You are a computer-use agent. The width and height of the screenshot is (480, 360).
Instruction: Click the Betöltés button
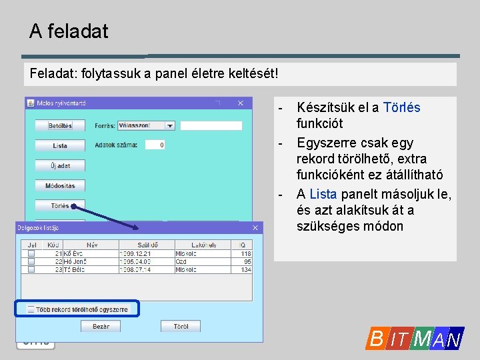click(x=60, y=125)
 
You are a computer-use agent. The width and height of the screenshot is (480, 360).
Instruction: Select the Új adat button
click(x=60, y=165)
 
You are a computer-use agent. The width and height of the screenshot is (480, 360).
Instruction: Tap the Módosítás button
click(x=60, y=185)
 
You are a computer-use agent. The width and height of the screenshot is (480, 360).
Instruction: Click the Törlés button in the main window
click(x=60, y=206)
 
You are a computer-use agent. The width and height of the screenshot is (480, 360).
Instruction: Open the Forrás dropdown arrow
click(x=170, y=125)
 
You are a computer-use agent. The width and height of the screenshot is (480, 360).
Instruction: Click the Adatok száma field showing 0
click(x=155, y=145)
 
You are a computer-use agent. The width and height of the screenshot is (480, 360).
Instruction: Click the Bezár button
click(x=101, y=326)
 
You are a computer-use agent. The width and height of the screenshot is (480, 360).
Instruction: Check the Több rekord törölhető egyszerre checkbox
click(x=31, y=309)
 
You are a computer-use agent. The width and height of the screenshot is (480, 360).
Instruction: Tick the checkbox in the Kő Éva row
click(x=31, y=254)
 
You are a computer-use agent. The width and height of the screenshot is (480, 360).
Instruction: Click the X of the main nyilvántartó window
click(x=242, y=103)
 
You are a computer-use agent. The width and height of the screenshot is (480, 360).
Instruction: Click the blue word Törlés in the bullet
click(x=401, y=107)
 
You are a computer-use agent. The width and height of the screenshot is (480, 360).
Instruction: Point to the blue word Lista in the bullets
click(x=323, y=194)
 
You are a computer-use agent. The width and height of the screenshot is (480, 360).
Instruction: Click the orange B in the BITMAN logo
click(x=376, y=339)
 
